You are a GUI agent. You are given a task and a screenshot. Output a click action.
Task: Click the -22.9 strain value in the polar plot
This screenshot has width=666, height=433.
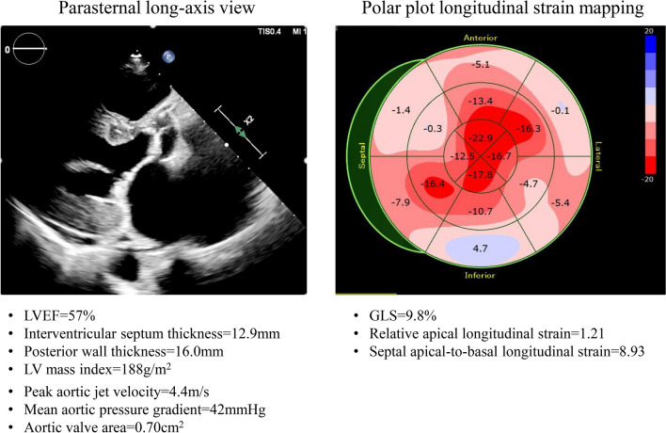click(481, 138)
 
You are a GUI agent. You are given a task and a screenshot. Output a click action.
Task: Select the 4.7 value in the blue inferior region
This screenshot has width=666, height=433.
click(480, 249)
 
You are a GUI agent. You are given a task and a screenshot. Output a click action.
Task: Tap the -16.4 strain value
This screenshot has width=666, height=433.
click(433, 184)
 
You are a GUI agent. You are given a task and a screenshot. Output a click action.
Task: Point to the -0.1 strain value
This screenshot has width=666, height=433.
click(560, 110)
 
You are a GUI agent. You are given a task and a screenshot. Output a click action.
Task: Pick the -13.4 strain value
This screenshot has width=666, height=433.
click(481, 101)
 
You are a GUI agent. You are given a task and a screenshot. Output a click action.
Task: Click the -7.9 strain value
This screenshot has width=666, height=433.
click(401, 202)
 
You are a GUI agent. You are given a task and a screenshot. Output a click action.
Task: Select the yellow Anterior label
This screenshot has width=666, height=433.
click(481, 38)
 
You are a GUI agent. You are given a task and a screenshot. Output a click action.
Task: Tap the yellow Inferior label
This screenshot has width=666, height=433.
click(480, 276)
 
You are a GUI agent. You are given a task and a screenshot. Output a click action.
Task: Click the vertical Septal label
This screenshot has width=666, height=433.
click(362, 155)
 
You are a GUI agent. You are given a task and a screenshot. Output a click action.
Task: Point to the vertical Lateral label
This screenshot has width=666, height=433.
click(598, 156)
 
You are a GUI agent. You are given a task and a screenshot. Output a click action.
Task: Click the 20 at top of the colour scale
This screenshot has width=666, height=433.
click(648, 31)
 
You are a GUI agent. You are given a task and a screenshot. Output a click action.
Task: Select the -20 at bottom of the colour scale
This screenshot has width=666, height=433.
click(647, 180)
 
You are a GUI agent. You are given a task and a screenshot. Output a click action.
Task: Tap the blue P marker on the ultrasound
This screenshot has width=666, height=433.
click(168, 56)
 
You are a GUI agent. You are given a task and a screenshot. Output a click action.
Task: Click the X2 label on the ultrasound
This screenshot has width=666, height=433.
click(249, 120)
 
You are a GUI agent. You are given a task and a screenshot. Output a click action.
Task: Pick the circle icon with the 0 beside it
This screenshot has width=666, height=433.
click(29, 49)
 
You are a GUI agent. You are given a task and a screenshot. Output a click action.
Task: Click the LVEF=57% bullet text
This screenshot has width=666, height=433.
click(59, 315)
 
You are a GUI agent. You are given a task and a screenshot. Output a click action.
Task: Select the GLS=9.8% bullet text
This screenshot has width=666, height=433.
click(403, 315)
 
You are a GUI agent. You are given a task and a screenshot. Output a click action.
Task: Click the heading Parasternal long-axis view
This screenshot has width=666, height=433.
click(156, 8)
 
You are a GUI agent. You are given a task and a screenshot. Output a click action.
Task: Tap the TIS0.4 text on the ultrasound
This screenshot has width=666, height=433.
click(269, 31)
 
